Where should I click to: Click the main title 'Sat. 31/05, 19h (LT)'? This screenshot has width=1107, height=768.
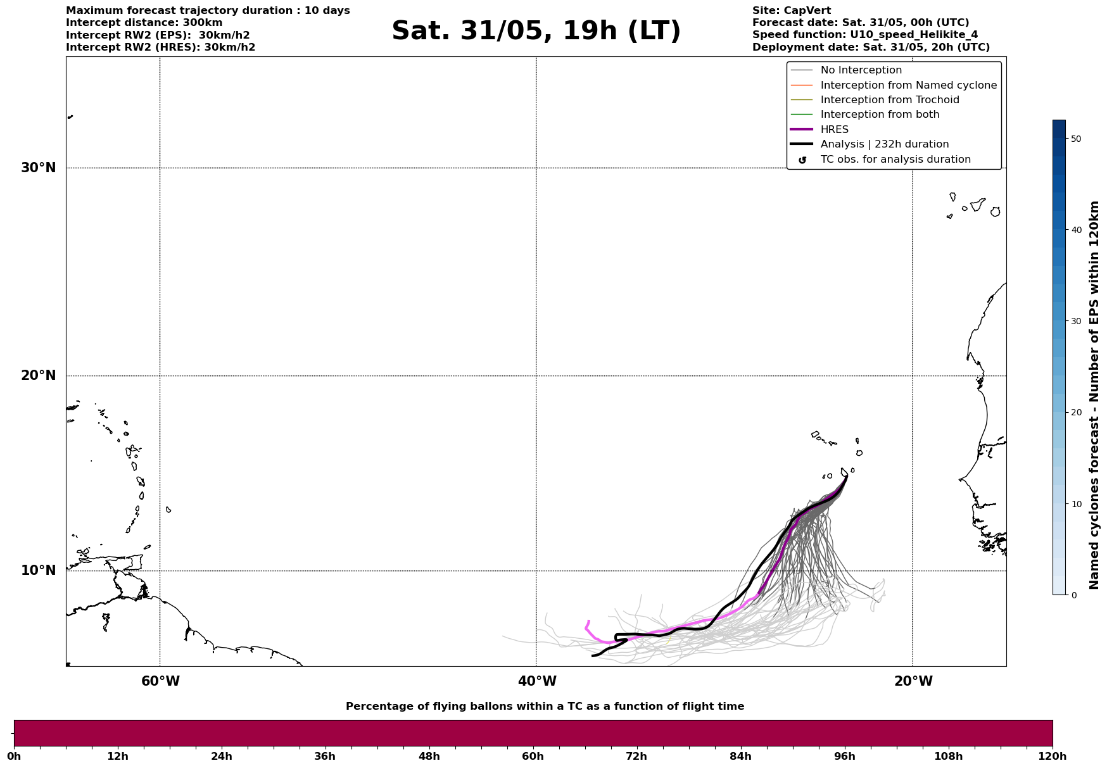click(x=536, y=31)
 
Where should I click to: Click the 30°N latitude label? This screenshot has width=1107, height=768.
click(x=39, y=168)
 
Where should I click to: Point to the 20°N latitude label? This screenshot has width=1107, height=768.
click(x=39, y=375)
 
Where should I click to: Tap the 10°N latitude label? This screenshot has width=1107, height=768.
click(x=39, y=570)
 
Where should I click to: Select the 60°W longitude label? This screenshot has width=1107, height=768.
click(x=160, y=681)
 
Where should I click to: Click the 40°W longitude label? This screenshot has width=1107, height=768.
click(x=537, y=681)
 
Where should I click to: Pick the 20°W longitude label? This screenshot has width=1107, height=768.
click(x=913, y=681)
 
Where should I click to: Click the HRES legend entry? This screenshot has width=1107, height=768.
click(x=834, y=130)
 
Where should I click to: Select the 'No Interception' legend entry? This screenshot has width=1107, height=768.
click(x=861, y=70)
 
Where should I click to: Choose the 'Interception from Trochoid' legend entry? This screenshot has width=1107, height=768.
click(x=889, y=100)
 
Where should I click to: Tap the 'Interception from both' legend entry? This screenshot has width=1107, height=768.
click(x=880, y=115)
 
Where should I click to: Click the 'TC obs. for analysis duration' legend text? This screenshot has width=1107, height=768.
click(x=895, y=160)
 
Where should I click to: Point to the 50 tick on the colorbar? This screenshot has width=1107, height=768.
click(x=1075, y=139)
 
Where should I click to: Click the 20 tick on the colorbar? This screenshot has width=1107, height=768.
click(x=1075, y=413)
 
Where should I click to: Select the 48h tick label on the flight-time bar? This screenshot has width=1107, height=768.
click(x=429, y=756)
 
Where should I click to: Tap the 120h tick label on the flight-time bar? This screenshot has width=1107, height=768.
click(x=1053, y=756)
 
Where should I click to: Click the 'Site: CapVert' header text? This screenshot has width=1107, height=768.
click(x=791, y=11)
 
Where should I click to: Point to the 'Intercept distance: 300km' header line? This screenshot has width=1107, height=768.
click(x=144, y=23)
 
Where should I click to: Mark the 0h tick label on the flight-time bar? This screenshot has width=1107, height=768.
click(x=14, y=756)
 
